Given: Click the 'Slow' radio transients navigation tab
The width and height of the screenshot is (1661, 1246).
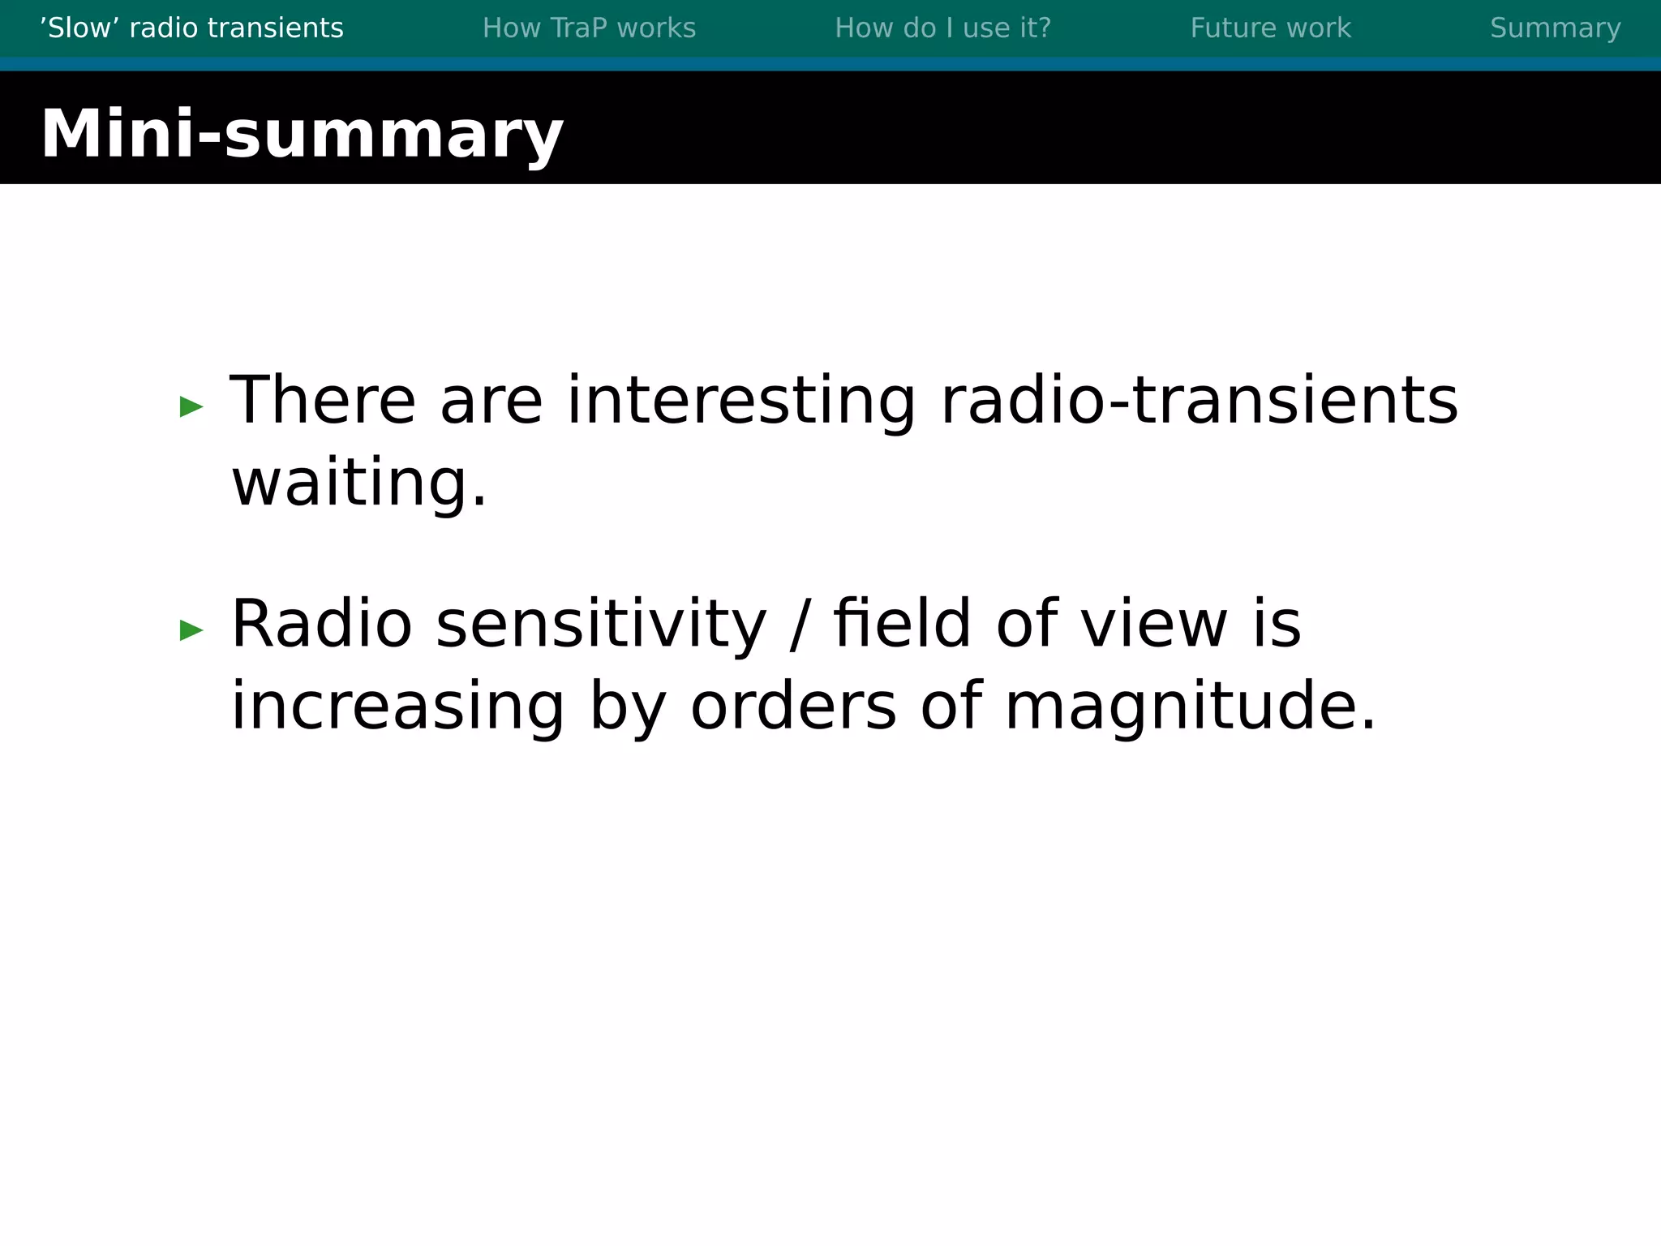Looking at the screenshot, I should [x=191, y=28].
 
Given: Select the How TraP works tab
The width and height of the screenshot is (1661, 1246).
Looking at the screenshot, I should [x=589, y=28].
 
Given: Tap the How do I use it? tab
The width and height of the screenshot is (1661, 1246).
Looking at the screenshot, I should [x=942, y=28].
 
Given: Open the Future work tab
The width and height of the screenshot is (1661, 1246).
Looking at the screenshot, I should [x=1270, y=28].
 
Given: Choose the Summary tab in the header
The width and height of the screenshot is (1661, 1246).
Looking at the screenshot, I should [x=1555, y=28].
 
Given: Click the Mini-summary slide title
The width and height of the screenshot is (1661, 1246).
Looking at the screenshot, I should [x=302, y=134].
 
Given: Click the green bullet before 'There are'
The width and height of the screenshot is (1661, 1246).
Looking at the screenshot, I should [x=191, y=406].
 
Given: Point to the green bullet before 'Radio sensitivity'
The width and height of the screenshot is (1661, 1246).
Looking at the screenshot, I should [x=191, y=629].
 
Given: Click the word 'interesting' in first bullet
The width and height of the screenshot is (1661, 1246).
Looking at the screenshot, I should [x=741, y=401].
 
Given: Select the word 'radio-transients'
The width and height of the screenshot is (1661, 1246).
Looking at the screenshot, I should [x=1199, y=401].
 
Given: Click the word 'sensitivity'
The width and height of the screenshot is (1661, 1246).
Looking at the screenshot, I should [x=601, y=624].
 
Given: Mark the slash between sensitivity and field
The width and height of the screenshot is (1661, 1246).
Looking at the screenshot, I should [x=800, y=624].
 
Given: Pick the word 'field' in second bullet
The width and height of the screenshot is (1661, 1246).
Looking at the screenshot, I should [x=902, y=624].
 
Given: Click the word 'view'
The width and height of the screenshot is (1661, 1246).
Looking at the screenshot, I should [x=1154, y=624].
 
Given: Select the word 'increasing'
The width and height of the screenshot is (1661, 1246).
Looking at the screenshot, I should [x=397, y=707].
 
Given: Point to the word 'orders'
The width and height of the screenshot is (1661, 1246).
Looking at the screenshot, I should [x=793, y=707].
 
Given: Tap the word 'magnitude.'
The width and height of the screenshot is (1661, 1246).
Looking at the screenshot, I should [x=1191, y=707].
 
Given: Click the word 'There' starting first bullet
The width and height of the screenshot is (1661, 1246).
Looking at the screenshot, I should [x=323, y=401].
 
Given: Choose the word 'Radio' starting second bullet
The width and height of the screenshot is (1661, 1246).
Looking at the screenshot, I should [x=322, y=624].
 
